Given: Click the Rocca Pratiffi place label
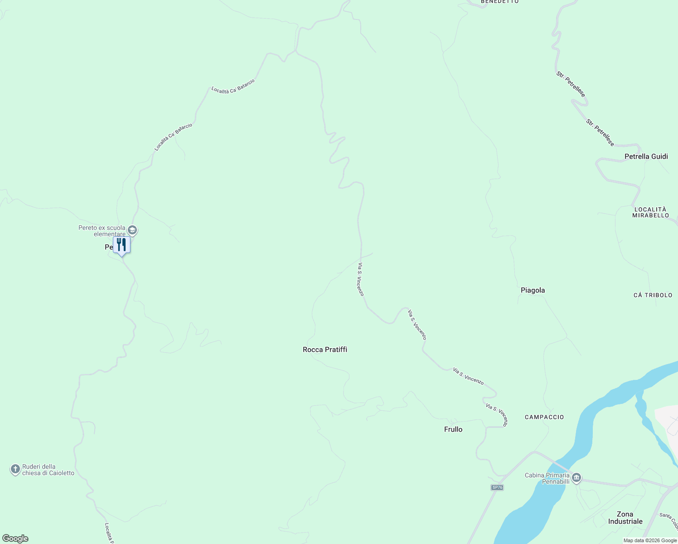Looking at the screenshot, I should pyautogui.click(x=325, y=350).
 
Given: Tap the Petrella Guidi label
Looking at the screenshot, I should pyautogui.click(x=646, y=156).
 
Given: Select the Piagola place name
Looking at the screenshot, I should pyautogui.click(x=533, y=290).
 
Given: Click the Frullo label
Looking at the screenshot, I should pyautogui.click(x=453, y=429).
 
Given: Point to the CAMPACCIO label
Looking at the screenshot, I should pyautogui.click(x=544, y=417).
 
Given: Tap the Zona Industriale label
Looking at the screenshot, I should pyautogui.click(x=625, y=518).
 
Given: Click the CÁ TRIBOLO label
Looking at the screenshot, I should pyautogui.click(x=653, y=295).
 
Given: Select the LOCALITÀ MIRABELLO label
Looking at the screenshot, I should pyautogui.click(x=651, y=212).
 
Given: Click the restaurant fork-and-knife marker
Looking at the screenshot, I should pyautogui.click(x=121, y=245).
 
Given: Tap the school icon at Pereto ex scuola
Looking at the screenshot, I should pyautogui.click(x=132, y=230).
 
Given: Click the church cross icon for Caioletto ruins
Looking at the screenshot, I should pyautogui.click(x=15, y=469).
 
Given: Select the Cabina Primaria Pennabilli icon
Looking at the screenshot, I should pyautogui.click(x=576, y=478).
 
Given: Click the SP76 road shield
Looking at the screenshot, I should pyautogui.click(x=497, y=487).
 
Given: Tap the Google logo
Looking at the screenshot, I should pyautogui.click(x=15, y=539).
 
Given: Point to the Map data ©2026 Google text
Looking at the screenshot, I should pyautogui.click(x=649, y=540).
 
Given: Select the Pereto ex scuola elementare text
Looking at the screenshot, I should pyautogui.click(x=102, y=231).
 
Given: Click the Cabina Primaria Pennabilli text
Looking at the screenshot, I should pyautogui.click(x=547, y=478).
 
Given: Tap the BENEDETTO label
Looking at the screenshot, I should pyautogui.click(x=499, y=2).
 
